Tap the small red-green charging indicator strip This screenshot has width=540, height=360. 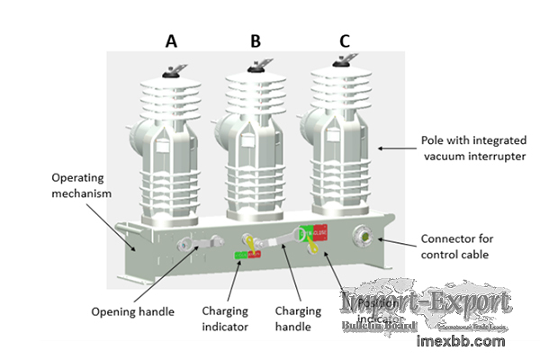click(247, 256)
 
